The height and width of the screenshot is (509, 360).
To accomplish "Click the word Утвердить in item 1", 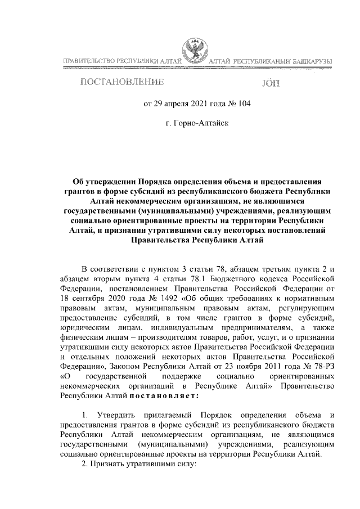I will [123, 415].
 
